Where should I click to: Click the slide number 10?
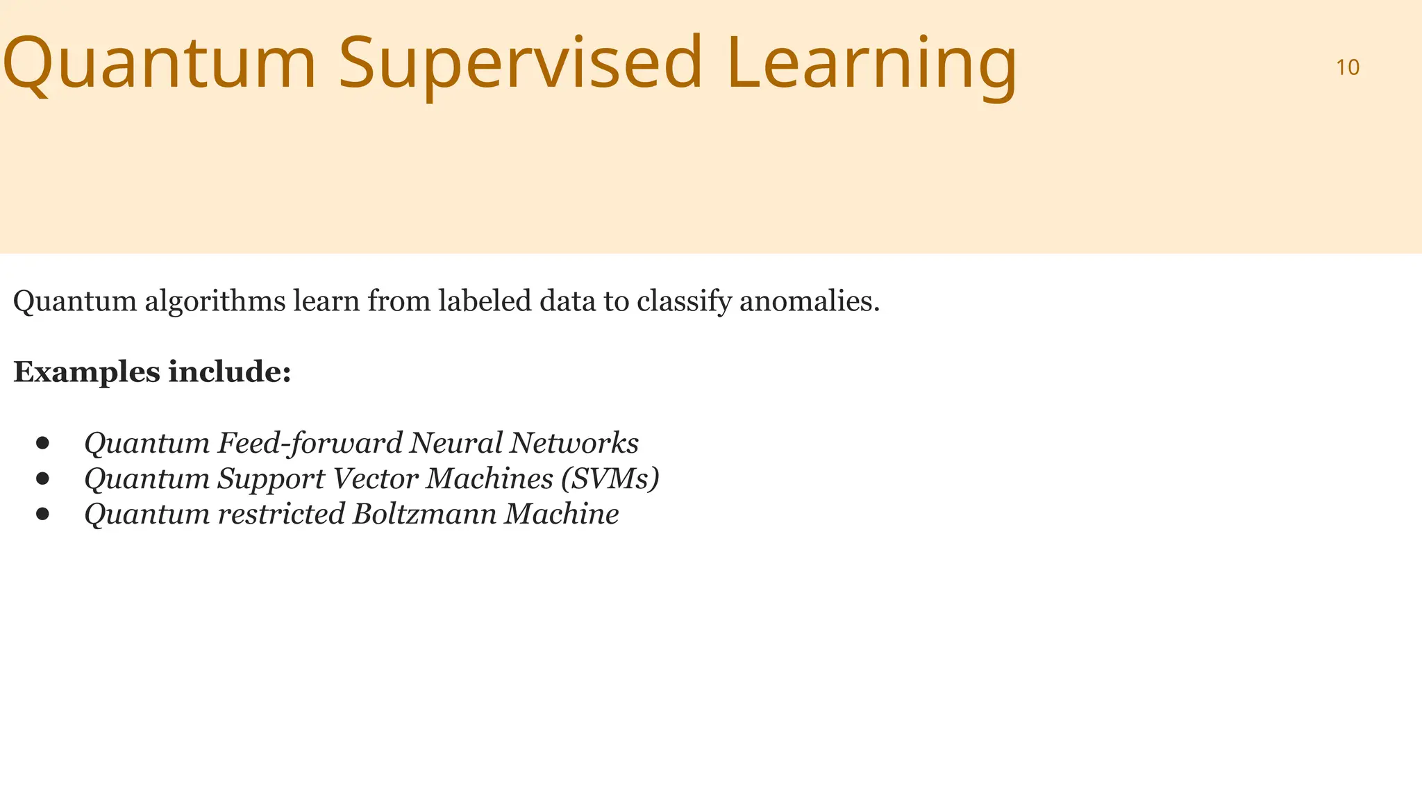pos(1347,67)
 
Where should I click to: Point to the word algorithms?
pos(215,301)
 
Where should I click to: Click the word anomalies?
pos(810,301)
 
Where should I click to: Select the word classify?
pos(684,301)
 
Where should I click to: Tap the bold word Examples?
pos(87,372)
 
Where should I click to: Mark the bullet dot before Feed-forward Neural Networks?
pos(43,443)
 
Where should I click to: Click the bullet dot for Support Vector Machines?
pos(43,478)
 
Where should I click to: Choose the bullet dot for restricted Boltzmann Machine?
pos(43,514)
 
